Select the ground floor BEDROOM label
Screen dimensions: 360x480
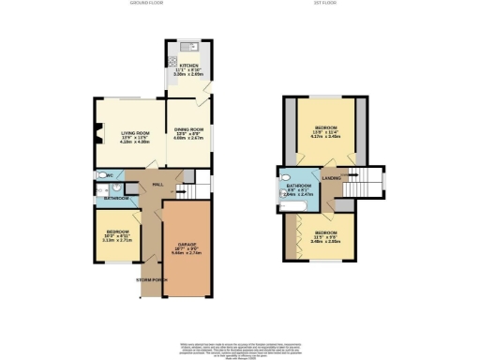coord(117,231)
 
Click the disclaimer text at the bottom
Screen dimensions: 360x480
coord(239,342)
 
